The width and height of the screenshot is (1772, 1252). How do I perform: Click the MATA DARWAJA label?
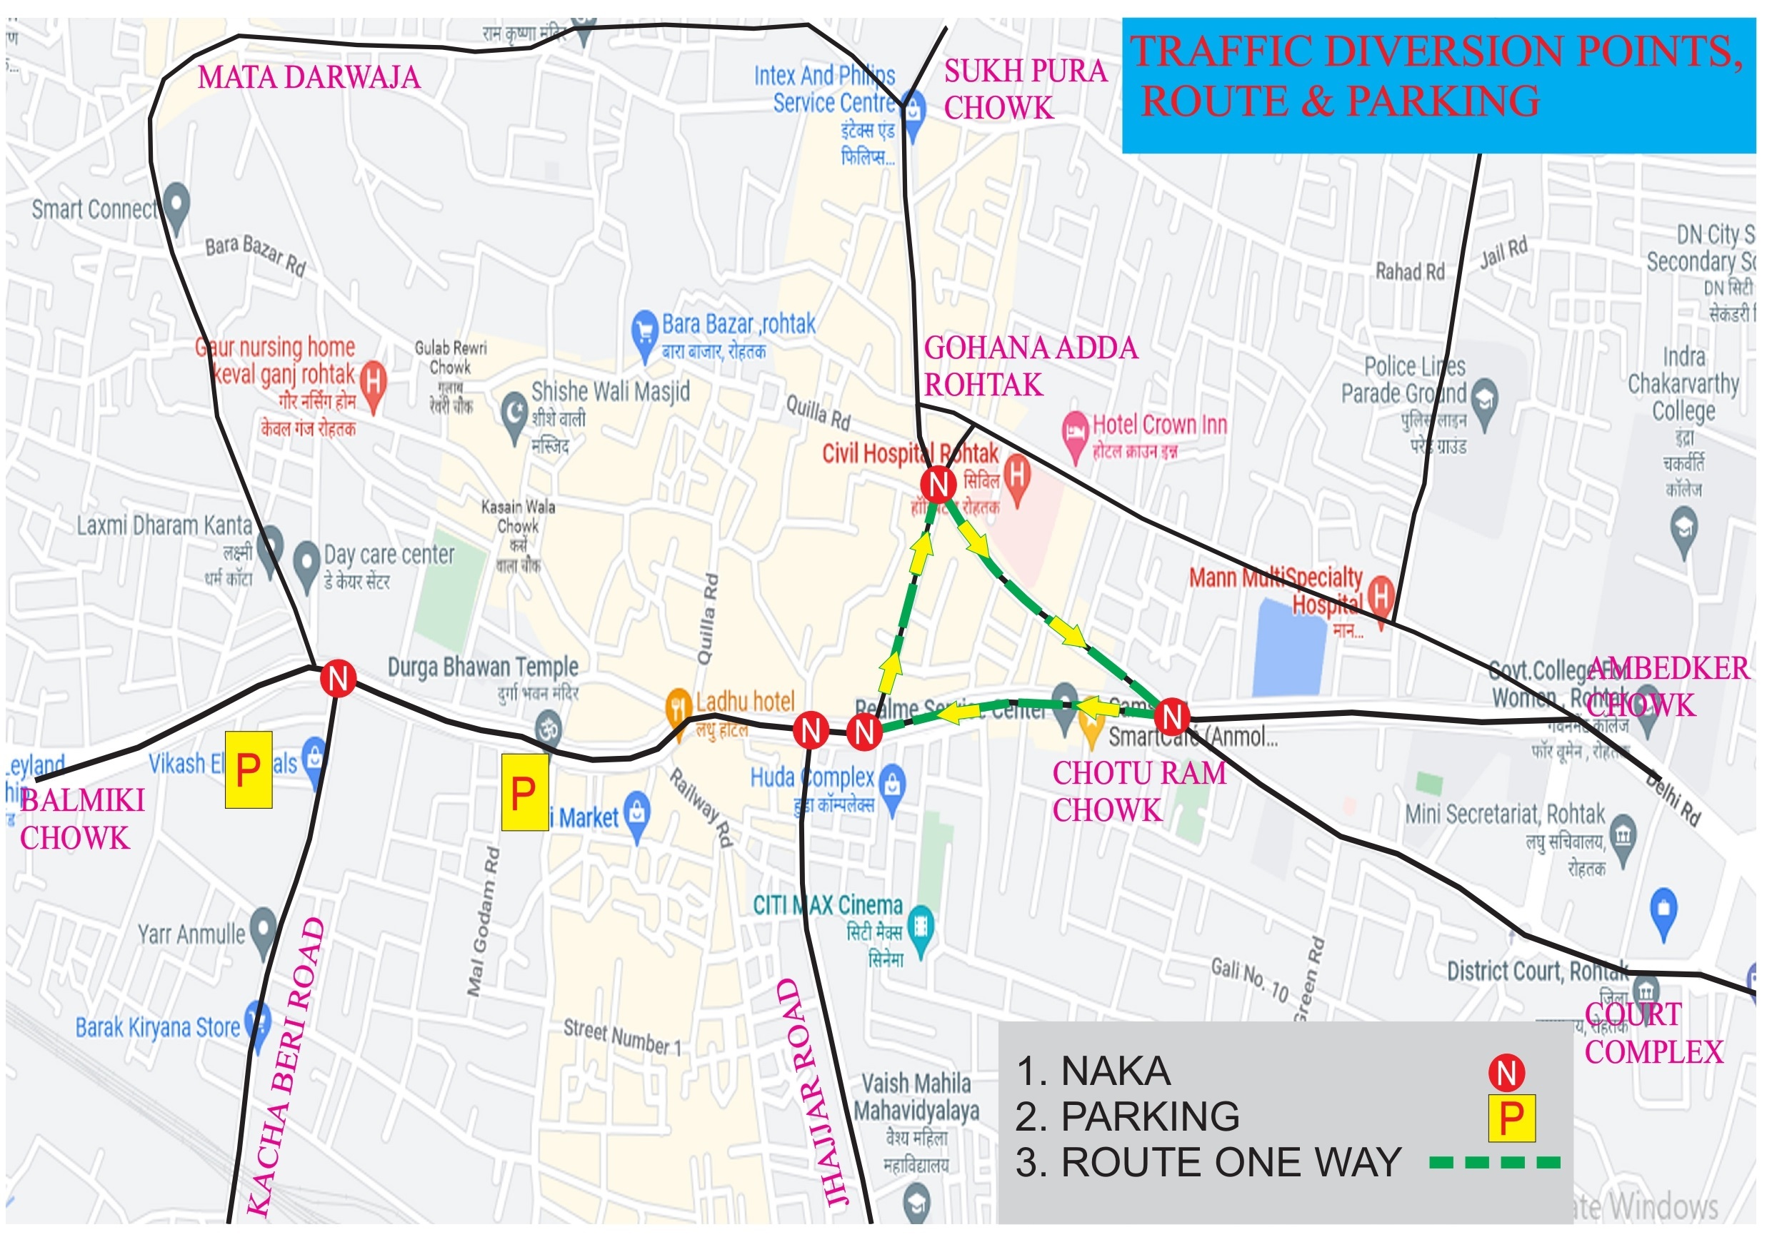309,78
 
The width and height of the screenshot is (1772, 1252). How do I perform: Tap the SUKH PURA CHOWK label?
1025,89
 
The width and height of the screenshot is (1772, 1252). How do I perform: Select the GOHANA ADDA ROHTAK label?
1031,366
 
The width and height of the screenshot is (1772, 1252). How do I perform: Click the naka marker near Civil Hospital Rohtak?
938,485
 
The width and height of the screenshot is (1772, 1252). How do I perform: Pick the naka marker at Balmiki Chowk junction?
338,679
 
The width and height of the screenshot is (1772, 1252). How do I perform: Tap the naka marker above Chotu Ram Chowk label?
1172,716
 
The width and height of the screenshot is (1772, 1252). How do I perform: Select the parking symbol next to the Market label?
525,792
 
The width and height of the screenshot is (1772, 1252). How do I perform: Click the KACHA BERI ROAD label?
285,1069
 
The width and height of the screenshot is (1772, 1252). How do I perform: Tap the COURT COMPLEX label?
1653,1034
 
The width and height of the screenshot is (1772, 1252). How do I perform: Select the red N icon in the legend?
1506,1073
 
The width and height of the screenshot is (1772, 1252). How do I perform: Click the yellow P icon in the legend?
1511,1119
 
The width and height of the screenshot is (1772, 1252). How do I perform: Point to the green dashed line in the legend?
1494,1163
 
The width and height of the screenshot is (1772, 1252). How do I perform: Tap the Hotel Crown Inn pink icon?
1075,431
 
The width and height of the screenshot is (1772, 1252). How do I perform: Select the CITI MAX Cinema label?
827,906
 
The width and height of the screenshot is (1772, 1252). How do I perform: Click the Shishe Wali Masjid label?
610,392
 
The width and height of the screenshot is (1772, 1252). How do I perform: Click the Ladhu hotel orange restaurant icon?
678,705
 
